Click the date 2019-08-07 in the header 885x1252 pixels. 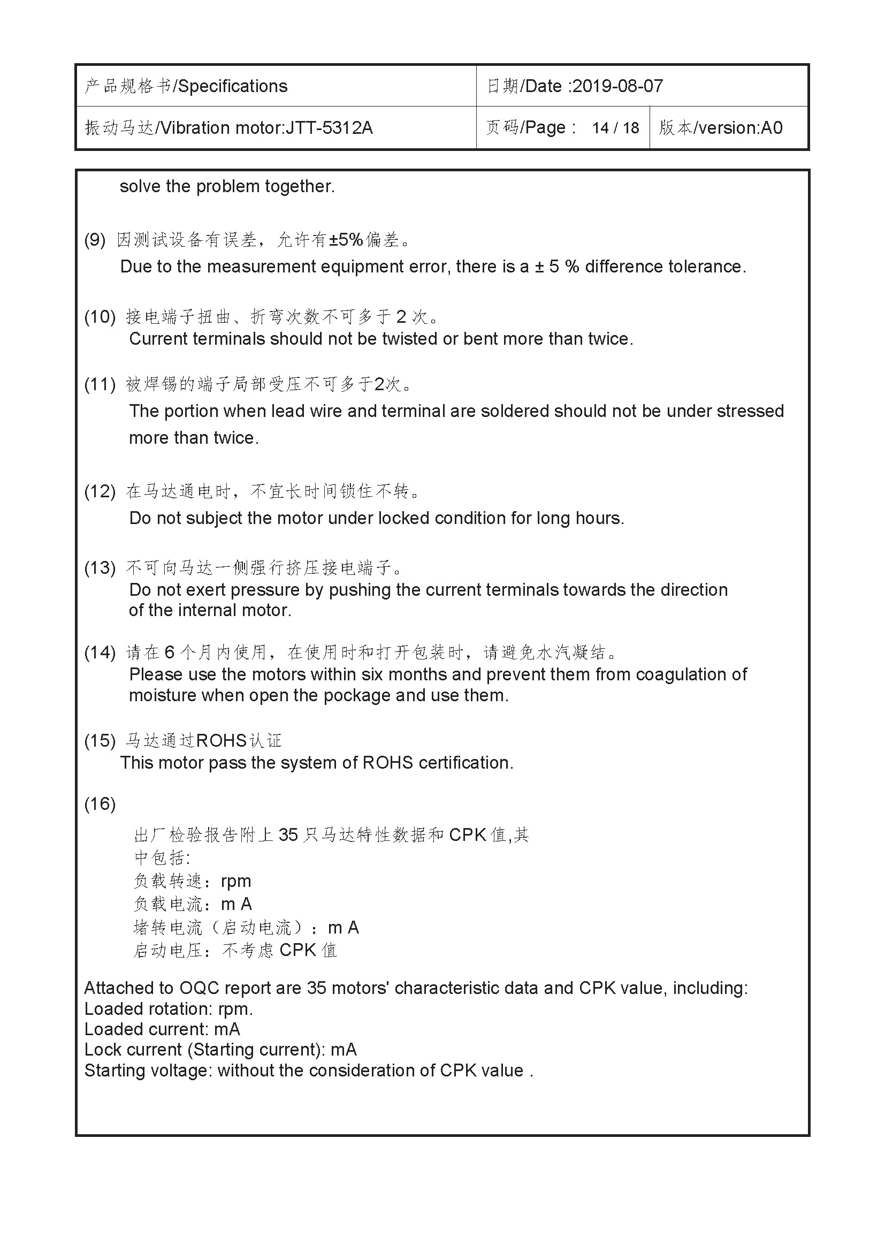click(617, 86)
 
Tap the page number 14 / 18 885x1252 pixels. click(615, 128)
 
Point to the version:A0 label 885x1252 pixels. click(740, 128)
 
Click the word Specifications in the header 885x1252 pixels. click(233, 86)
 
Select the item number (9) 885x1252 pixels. click(95, 240)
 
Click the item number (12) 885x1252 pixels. click(100, 492)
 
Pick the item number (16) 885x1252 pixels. click(100, 804)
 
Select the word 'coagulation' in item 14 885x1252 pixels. click(683, 675)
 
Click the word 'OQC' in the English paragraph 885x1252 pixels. click(200, 988)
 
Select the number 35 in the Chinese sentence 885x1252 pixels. click(288, 835)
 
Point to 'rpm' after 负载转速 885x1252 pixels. click(236, 881)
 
